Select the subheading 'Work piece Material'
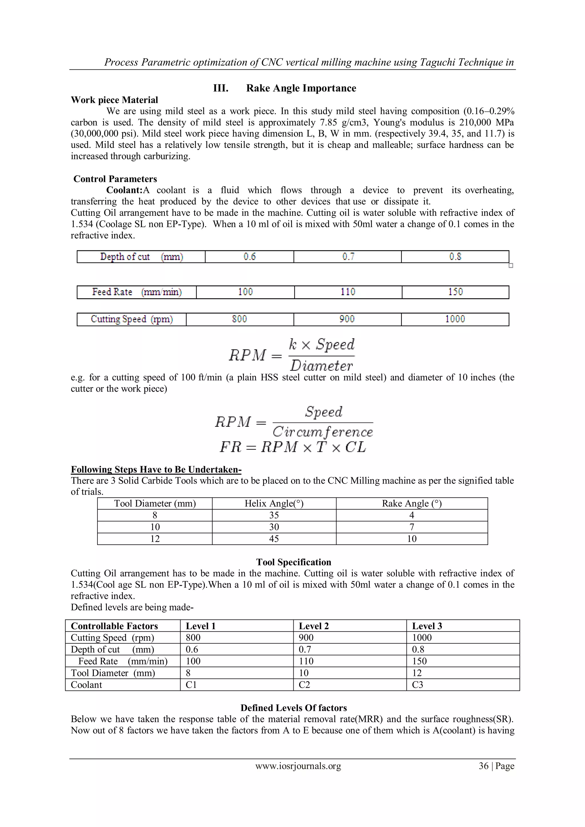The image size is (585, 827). coord(114,100)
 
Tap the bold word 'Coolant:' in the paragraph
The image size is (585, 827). coord(124,190)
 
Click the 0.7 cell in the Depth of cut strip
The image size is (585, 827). coord(348,257)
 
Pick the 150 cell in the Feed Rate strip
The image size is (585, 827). coord(455,292)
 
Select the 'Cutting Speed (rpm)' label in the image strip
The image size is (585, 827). coord(132,319)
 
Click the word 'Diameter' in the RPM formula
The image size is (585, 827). coord(321,366)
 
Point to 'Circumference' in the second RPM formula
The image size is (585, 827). coord(322,432)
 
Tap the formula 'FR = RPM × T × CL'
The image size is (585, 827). coord(293,447)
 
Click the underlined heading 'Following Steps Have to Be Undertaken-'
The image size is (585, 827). coord(156,469)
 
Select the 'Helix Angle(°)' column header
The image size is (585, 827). coord(274,503)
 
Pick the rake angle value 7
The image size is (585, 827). coord(412,527)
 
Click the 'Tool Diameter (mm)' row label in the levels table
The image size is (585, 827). coord(113,673)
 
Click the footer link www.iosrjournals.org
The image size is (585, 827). coord(298,766)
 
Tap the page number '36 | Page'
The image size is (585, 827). coord(496,766)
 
